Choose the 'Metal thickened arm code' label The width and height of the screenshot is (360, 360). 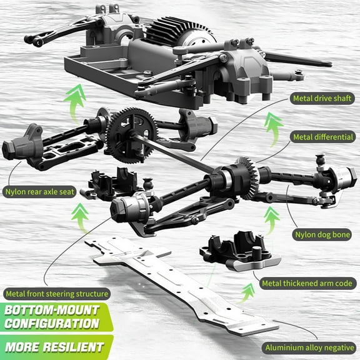[x=306, y=283]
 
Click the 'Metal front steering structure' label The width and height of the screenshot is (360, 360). [x=56, y=293]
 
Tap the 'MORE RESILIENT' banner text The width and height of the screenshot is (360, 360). [x=52, y=346]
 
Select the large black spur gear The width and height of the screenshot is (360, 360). [x=127, y=134]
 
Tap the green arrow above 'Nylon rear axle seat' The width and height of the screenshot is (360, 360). [x=79, y=217]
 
